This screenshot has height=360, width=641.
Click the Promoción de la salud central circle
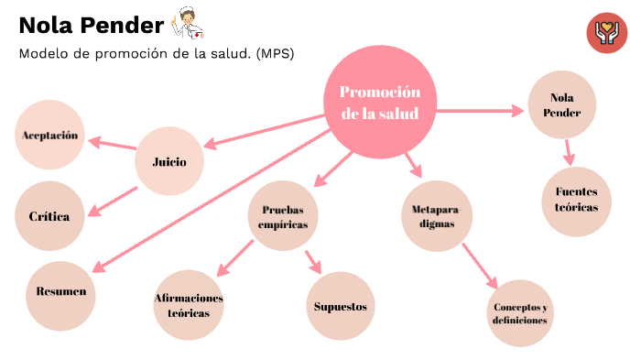[380, 103]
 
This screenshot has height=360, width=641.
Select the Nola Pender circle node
[562, 104]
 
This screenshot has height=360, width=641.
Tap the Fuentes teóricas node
[577, 201]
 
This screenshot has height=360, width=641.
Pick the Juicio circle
[168, 162]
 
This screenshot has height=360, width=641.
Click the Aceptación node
[49, 136]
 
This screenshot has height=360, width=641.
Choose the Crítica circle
[49, 217]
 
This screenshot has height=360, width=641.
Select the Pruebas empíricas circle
[283, 216]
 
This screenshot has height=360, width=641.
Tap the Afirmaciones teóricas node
[189, 305]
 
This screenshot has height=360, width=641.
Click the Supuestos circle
[340, 306]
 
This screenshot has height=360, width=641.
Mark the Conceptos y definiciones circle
[519, 312]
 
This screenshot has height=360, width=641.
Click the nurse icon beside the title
[185, 21]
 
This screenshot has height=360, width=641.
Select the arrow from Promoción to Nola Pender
[476, 111]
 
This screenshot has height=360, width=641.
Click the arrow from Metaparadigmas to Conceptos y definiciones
[479, 263]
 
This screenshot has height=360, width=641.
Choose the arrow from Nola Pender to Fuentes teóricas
[569, 151]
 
